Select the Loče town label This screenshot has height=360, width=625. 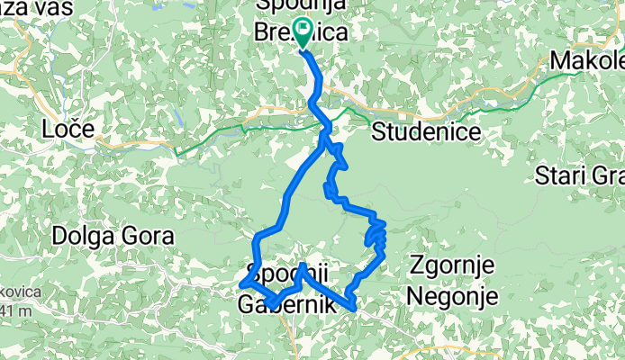tap(68, 130)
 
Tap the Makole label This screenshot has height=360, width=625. tap(588, 60)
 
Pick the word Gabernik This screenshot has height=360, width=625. tap(286, 305)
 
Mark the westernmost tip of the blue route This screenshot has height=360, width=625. tap(240, 286)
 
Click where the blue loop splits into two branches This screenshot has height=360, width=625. tap(324, 141)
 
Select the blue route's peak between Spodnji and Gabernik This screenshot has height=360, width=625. tap(303, 266)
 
